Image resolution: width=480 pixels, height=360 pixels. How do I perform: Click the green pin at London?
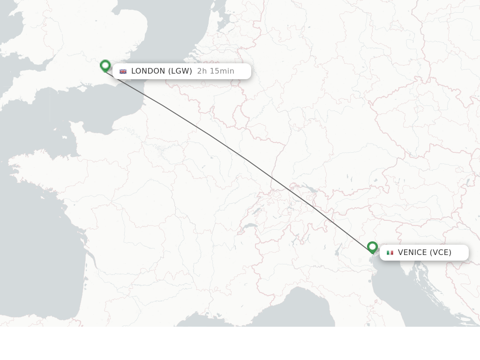click(105, 65)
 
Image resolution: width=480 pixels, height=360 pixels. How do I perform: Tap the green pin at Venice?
click(372, 247)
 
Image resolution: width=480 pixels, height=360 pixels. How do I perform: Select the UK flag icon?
click(123, 71)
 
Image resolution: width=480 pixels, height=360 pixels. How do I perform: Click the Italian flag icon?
click(390, 253)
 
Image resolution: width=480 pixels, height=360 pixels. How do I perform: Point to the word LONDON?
click(148, 71)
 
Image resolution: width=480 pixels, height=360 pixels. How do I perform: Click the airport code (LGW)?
click(180, 71)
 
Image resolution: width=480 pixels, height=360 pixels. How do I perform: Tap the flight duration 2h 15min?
click(216, 71)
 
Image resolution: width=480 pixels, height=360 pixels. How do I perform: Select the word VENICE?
click(412, 253)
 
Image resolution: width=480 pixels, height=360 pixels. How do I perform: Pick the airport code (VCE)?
click(440, 253)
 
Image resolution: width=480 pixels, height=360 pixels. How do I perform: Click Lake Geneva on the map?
click(250, 226)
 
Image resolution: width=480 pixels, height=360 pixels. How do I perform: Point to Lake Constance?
click(309, 190)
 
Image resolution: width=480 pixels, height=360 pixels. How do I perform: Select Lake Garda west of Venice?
click(337, 251)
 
